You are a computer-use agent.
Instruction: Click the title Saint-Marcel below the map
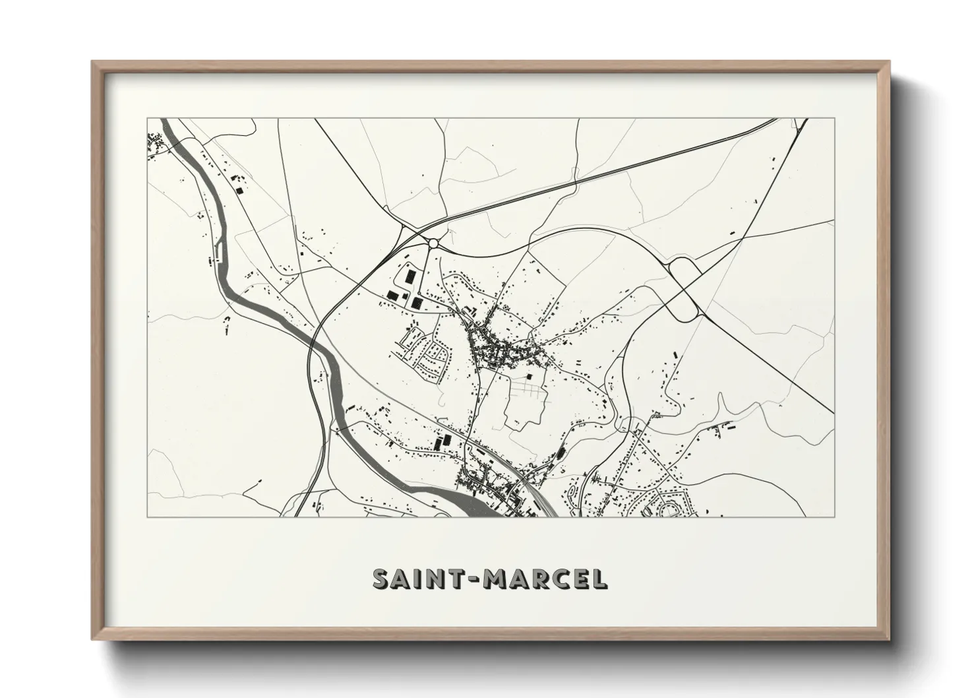489,579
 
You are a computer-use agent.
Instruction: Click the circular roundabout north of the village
433,243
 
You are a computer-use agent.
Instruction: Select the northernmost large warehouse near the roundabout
410,275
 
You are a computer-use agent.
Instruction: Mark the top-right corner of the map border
834,119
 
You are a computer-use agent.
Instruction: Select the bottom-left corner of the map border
148,517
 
